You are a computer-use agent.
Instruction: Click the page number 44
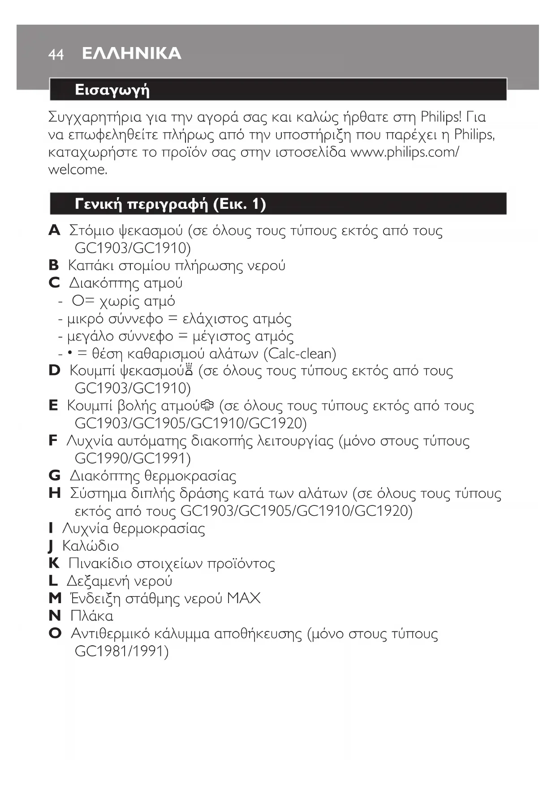(x=56, y=55)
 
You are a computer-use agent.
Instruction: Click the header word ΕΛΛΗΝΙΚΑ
(x=132, y=53)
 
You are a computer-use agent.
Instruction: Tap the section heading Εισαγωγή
(x=112, y=90)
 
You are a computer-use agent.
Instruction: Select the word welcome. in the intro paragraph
(x=78, y=170)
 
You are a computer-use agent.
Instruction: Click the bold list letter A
(x=54, y=230)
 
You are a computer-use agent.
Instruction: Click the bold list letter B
(x=53, y=265)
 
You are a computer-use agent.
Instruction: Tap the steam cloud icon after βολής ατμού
(x=208, y=406)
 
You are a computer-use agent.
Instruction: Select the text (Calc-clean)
(x=300, y=354)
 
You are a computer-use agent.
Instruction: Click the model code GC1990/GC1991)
(x=133, y=458)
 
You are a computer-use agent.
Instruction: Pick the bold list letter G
(x=54, y=475)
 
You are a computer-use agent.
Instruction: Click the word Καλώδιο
(x=91, y=546)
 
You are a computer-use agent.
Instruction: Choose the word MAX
(x=244, y=598)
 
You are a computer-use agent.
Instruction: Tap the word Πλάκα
(x=91, y=616)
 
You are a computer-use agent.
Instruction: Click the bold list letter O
(x=55, y=633)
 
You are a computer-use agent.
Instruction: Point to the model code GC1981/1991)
(x=121, y=651)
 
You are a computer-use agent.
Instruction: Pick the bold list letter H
(x=54, y=493)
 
